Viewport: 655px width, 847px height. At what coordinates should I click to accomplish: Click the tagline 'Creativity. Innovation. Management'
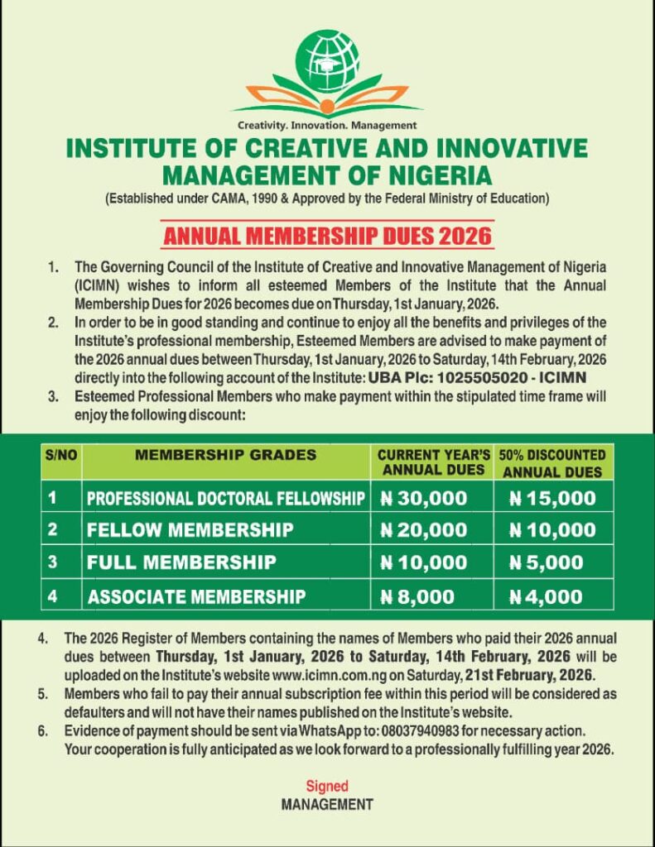point(327,126)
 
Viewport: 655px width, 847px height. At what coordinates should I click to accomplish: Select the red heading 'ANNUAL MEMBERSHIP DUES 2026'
point(327,235)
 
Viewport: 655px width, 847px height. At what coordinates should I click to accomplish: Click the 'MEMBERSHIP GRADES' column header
point(225,455)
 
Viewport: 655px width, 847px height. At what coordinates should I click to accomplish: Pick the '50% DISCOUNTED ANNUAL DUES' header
point(552,463)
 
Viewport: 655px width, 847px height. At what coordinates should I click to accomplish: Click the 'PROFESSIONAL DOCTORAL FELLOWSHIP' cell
point(226,498)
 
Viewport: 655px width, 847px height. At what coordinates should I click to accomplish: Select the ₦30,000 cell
point(423,498)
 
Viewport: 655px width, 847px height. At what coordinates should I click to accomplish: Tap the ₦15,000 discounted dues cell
point(552,498)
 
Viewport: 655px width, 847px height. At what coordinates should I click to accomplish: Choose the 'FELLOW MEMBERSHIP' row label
point(190,530)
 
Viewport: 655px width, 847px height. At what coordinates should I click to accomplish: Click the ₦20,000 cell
point(423,530)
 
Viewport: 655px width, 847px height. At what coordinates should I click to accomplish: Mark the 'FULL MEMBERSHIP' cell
point(181,562)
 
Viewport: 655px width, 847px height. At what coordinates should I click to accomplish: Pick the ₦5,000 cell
point(547,562)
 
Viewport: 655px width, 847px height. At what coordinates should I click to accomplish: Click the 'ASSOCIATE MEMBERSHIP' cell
point(197,596)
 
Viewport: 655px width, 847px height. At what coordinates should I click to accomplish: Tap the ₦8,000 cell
point(418,596)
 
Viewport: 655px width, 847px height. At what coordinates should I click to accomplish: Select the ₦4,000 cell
point(547,596)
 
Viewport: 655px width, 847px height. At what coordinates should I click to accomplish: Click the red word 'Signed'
point(327,786)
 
